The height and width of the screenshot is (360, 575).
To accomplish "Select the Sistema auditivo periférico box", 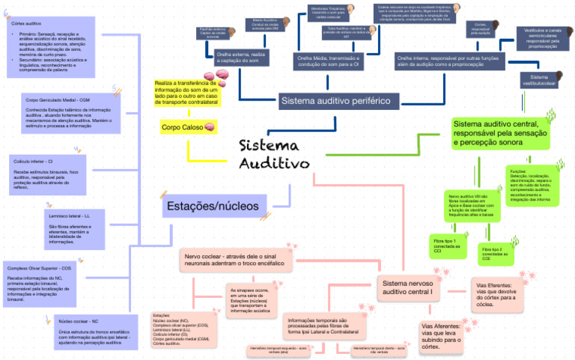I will pyautogui.click(x=335, y=100).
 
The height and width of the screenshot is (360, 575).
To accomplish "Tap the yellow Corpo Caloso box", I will pyautogui.click(x=188, y=128).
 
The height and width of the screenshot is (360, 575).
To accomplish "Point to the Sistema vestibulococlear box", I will pyautogui.click(x=544, y=80).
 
